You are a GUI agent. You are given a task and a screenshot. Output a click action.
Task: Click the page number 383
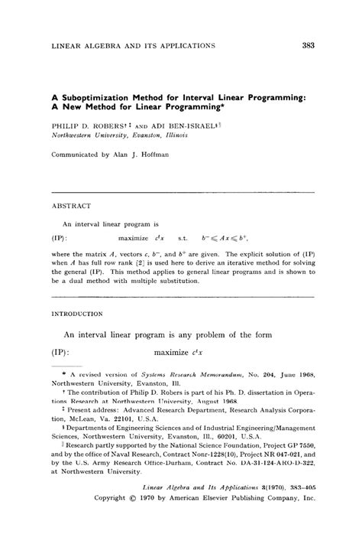pos(309,45)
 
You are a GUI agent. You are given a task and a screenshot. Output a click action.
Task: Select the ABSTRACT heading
pos(71,207)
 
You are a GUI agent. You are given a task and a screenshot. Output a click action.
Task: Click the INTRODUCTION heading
pos(79,314)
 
